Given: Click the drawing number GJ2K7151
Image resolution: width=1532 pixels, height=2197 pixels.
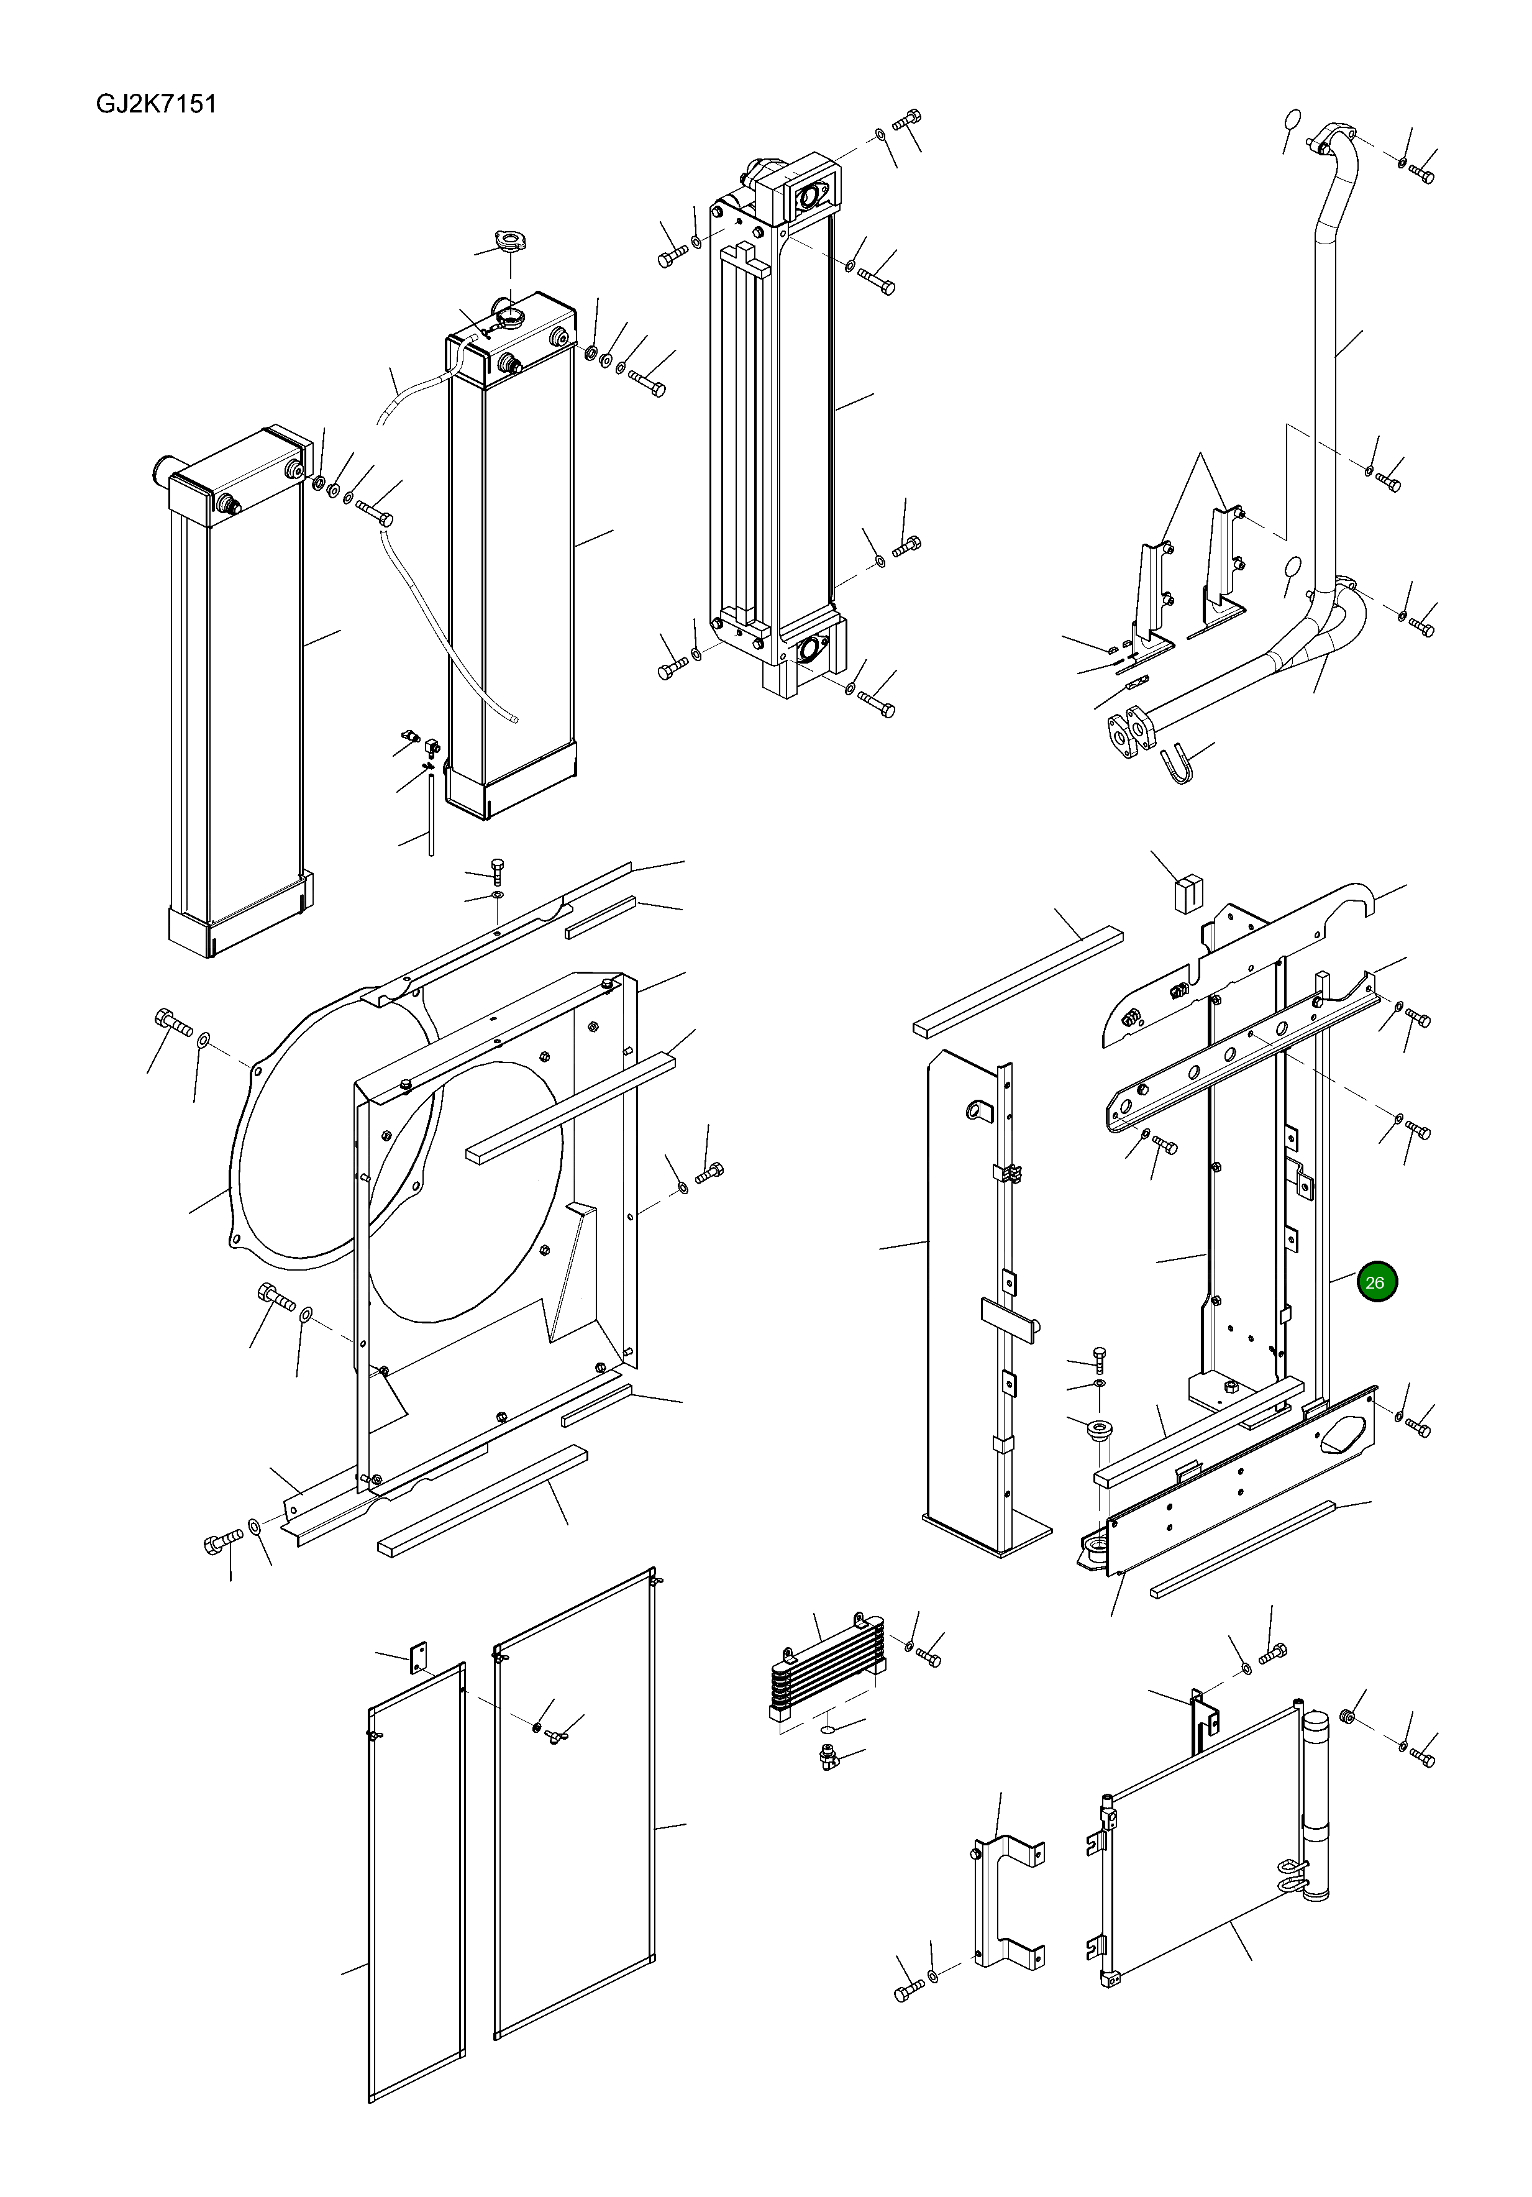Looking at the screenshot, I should point(156,103).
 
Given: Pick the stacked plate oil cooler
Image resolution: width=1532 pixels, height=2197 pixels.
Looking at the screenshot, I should point(828,1669).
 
